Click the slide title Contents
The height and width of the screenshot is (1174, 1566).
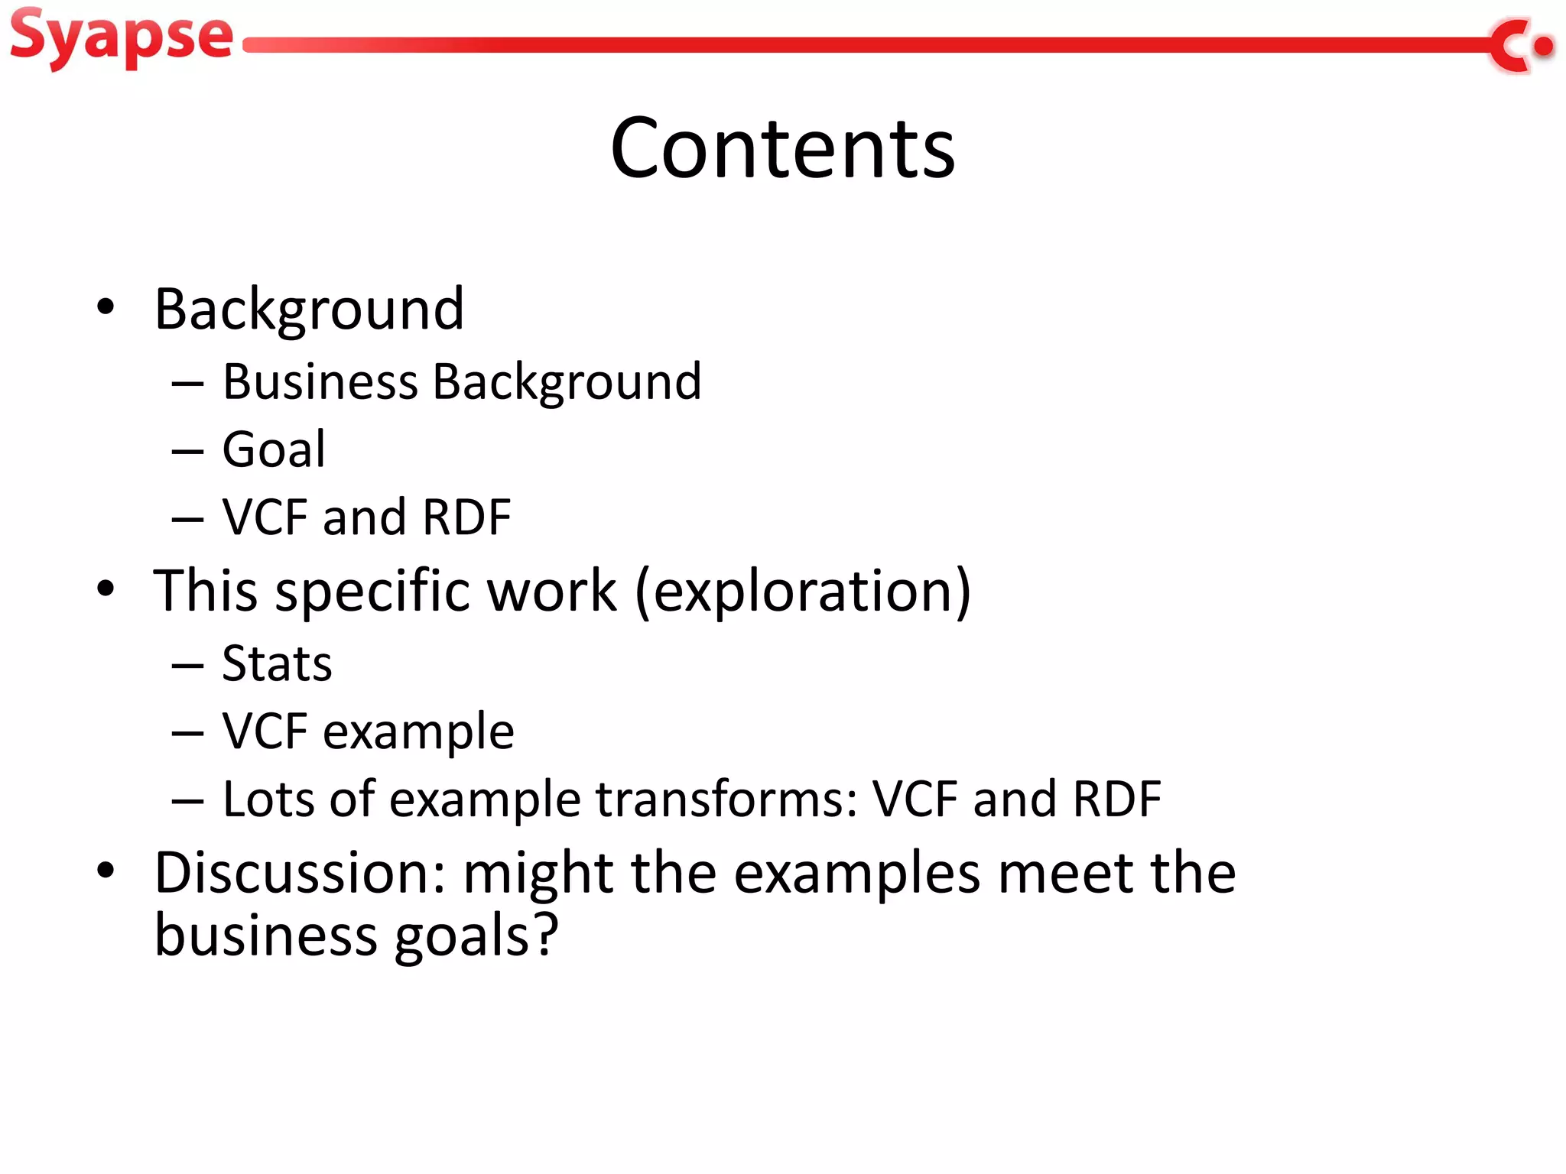coord(782,148)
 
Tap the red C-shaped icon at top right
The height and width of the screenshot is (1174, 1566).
coord(1510,46)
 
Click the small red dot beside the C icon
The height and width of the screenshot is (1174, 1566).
coord(1544,47)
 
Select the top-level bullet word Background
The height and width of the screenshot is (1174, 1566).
coord(309,309)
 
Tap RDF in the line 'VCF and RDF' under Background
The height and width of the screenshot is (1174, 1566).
coord(466,517)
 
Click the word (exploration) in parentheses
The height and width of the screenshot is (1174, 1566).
coord(803,591)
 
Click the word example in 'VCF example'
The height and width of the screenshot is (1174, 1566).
coord(418,731)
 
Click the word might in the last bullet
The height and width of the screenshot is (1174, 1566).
coord(538,873)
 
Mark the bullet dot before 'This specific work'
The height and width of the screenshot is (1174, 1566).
coord(106,589)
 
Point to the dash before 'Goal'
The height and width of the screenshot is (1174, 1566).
coord(187,451)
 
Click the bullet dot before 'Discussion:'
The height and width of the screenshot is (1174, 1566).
coord(106,870)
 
